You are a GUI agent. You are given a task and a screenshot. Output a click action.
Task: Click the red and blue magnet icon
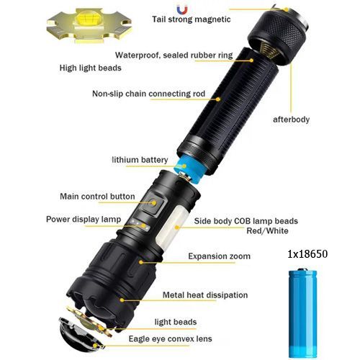point(182,9)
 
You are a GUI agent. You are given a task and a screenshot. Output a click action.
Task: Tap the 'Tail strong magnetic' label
point(192,19)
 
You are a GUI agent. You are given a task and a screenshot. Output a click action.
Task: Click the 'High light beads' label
point(90,68)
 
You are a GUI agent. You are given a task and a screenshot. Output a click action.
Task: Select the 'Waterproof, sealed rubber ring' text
point(174,55)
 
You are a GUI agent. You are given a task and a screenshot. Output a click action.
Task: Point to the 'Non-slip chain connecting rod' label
point(148,94)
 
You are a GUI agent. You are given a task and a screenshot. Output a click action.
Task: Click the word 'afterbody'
point(291,120)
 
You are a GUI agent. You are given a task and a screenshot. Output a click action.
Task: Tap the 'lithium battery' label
point(140,160)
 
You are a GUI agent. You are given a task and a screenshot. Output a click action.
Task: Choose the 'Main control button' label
point(97,197)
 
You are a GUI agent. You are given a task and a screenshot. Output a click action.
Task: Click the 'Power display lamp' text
point(84,220)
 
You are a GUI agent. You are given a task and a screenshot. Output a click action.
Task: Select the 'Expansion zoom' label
point(219,256)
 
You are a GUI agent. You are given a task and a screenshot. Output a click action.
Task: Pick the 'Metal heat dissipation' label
point(205,295)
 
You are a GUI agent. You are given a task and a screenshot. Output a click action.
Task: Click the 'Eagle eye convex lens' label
point(171,338)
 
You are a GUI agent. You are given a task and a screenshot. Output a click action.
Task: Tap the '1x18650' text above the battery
point(307,254)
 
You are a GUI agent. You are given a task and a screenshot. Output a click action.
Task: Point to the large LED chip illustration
point(89,25)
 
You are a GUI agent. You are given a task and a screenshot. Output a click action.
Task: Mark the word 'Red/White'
point(267,231)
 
